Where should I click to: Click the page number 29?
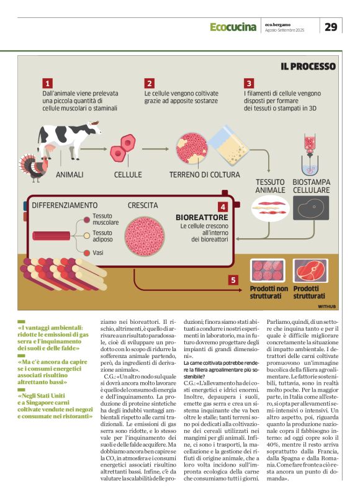[331, 26]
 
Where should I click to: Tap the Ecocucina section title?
[233, 27]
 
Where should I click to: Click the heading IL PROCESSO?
[308, 66]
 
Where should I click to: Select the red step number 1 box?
[47, 83]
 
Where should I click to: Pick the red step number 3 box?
[248, 83]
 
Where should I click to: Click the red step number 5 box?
[233, 280]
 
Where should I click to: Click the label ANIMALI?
[70, 176]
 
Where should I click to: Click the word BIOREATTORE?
[202, 218]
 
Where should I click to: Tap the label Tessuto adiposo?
[106, 236]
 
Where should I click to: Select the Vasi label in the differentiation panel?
[98, 252]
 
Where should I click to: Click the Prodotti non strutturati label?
[268, 292]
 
